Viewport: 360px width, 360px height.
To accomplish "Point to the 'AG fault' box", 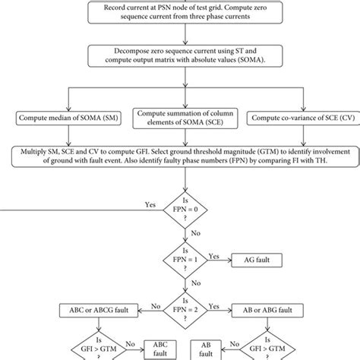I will [257, 260].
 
